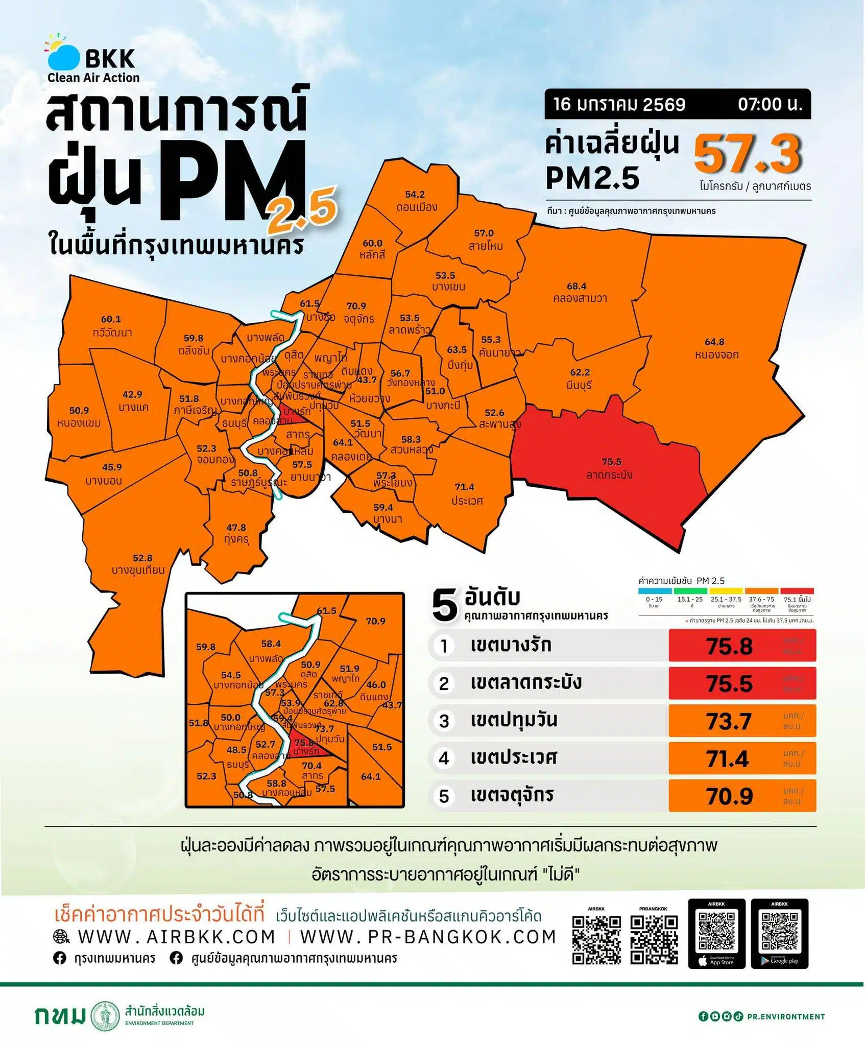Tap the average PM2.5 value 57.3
click(748, 154)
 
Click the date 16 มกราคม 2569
click(619, 104)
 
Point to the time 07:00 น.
click(770, 104)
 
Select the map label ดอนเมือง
click(417, 207)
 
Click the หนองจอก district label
click(716, 354)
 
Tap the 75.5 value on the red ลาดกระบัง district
click(611, 462)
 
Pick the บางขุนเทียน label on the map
click(138, 570)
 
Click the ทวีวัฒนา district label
click(112, 332)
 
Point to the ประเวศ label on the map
click(467, 501)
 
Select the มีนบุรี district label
click(579, 385)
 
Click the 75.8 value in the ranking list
click(729, 646)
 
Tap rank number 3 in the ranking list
click(444, 721)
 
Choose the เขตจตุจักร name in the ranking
click(512, 795)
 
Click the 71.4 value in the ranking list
click(728, 759)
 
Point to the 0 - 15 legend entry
click(654, 599)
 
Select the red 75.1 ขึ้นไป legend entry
click(797, 599)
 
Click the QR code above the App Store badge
click(716, 931)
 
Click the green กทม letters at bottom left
click(60, 1016)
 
